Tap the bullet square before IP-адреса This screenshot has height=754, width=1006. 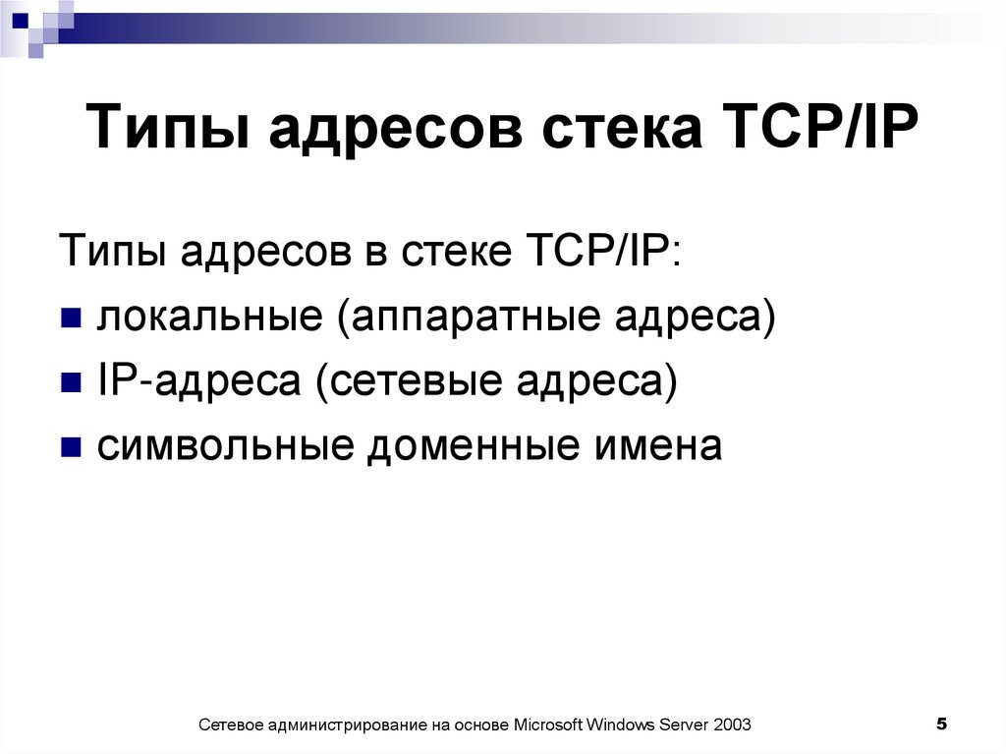point(70,383)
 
